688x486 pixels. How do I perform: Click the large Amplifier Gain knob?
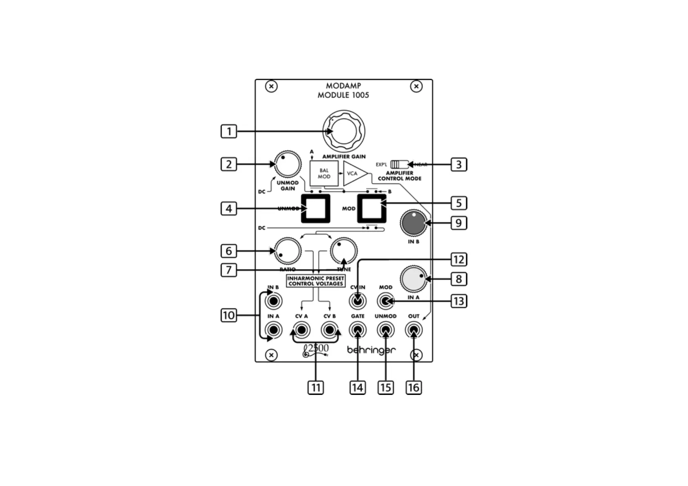[344, 131]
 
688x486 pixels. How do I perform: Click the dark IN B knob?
[414, 223]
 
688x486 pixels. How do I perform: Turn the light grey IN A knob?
[413, 279]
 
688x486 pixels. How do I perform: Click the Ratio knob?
[288, 251]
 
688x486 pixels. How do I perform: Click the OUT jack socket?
[414, 330]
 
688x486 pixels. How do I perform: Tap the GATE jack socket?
[357, 330]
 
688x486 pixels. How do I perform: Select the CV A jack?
[302, 330]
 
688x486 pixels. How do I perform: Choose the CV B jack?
[330, 330]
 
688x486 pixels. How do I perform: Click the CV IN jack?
[357, 301]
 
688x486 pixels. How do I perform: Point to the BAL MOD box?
[324, 174]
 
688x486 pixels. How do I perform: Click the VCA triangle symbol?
[353, 174]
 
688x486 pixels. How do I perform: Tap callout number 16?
[414, 388]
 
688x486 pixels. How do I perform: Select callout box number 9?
[459, 223]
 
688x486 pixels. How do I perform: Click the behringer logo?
[371, 350]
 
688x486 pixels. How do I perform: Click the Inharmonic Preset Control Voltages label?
[316, 281]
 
